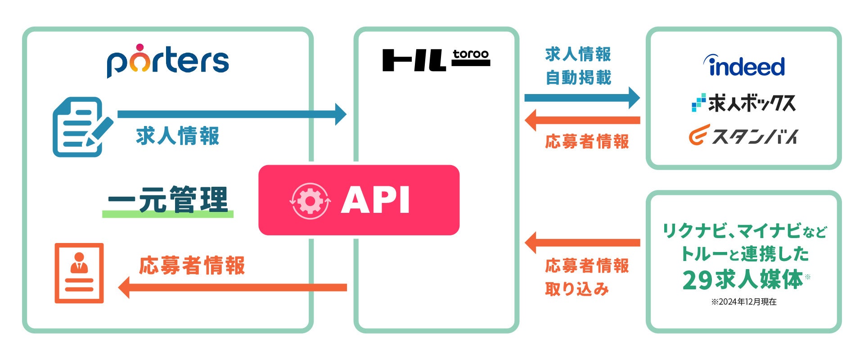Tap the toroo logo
tap(436, 60)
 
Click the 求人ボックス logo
tap(744, 103)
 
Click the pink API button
tap(359, 200)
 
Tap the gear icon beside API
tap(310, 201)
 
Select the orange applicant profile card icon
tap(79, 273)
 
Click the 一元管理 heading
tap(168, 200)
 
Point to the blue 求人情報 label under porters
tap(177, 135)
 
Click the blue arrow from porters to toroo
tap(232, 114)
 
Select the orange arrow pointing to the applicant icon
tap(232, 287)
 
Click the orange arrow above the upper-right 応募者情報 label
tap(582, 120)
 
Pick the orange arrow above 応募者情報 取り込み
tap(582, 243)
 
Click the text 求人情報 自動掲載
tap(578, 66)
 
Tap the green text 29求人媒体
tap(742, 280)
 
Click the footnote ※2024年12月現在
tap(744, 302)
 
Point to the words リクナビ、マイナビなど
tap(744, 231)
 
